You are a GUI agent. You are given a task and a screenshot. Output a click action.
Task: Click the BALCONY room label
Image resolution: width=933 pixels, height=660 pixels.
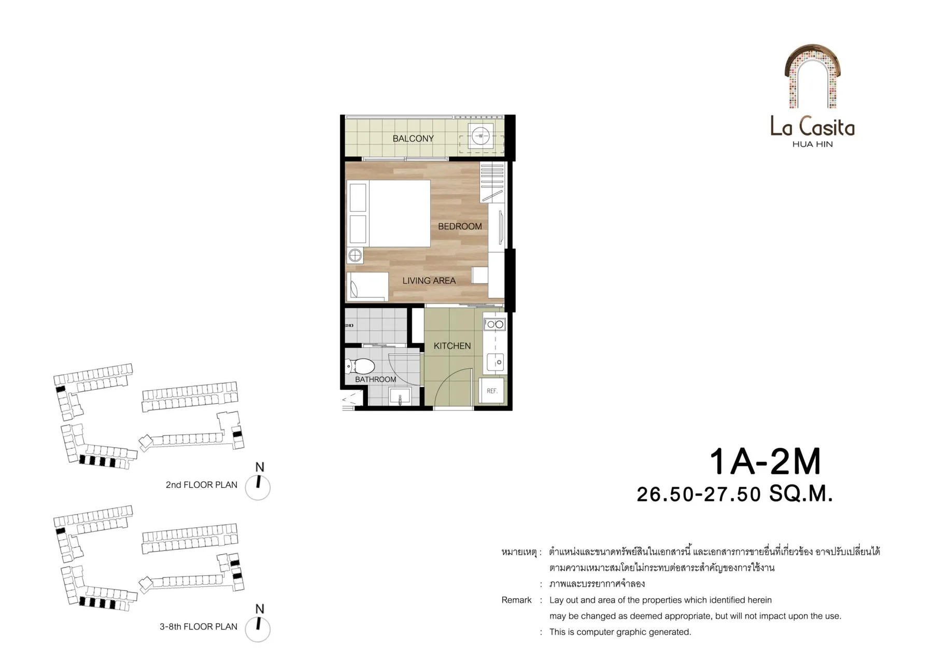(413, 139)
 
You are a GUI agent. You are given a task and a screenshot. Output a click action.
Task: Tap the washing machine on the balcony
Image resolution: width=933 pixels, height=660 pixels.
(480, 136)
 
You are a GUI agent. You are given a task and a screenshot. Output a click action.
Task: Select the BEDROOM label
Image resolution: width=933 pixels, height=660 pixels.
(460, 226)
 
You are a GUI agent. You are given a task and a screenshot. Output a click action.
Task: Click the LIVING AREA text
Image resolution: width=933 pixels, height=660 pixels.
(429, 281)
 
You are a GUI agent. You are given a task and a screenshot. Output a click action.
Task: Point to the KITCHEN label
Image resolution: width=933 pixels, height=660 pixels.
(452, 346)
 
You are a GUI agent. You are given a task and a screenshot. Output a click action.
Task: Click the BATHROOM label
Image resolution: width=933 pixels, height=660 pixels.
(375, 379)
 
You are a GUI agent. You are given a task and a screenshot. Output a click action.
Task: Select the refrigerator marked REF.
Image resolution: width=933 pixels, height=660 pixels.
(492, 391)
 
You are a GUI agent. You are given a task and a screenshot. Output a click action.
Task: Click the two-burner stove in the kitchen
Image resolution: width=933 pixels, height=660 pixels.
(494, 324)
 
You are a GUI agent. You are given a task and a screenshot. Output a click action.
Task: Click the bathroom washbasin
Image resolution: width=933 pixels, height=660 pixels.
(400, 397)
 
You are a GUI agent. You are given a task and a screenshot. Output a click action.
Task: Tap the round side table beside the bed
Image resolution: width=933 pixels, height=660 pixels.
(355, 255)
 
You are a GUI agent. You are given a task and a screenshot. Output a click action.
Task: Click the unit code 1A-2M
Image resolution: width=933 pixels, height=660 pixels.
(765, 462)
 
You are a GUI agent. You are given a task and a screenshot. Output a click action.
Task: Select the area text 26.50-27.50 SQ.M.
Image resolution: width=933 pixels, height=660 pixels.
(734, 494)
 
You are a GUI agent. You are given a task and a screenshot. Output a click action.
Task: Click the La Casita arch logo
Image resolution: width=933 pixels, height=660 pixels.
(812, 76)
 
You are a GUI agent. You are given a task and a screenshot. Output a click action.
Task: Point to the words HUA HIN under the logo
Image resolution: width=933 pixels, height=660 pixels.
(812, 144)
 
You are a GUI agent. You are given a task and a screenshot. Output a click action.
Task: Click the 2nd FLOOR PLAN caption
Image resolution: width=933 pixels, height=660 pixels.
(201, 485)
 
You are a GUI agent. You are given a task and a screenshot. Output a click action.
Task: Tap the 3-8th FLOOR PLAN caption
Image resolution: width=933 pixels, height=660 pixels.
(199, 626)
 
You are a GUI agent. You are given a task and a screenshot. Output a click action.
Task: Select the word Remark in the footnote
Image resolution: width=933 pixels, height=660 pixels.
(516, 600)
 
